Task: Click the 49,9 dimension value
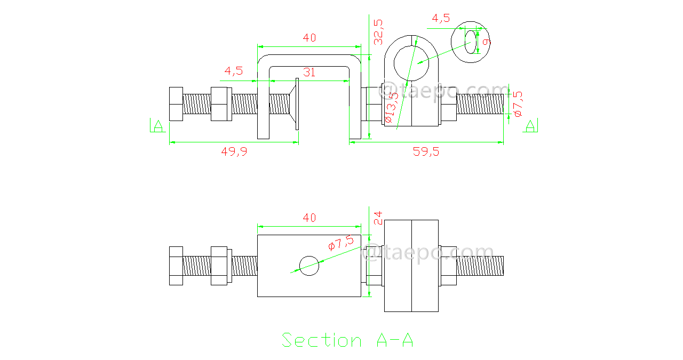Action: click(234, 151)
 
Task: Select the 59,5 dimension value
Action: click(426, 151)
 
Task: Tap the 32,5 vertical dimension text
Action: click(378, 31)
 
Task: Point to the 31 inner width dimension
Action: click(309, 73)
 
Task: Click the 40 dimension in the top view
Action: click(309, 38)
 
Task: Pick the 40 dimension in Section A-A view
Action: click(309, 218)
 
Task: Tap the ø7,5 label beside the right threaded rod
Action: click(517, 103)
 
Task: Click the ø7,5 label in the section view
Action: click(340, 243)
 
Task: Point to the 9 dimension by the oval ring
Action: click(486, 41)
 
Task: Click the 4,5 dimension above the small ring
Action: click(441, 18)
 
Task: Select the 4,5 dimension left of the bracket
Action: click(234, 70)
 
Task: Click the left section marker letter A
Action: click(158, 126)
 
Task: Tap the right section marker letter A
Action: click(530, 126)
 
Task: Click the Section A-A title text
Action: click(347, 340)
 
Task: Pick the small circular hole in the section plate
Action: click(309, 266)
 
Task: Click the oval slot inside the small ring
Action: click(470, 42)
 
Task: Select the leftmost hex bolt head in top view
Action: click(176, 103)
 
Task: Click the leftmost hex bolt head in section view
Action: click(176, 266)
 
